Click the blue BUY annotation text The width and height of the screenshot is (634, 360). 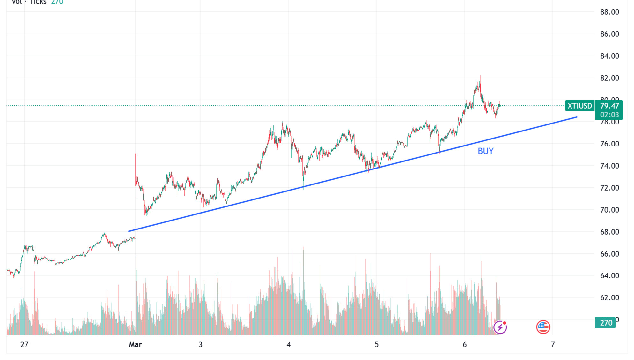pos(485,151)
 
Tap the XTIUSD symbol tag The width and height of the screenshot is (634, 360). pos(579,106)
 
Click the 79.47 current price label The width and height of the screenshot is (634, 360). pos(609,106)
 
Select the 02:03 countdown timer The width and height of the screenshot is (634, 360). pos(609,115)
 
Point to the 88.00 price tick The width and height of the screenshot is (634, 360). pos(609,12)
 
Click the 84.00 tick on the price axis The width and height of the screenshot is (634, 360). pos(609,56)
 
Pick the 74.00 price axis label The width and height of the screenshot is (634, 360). pos(609,166)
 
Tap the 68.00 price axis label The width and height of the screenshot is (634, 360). pos(609,232)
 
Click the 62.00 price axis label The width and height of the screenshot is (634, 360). pos(609,298)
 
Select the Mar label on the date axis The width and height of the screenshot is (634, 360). pos(135,345)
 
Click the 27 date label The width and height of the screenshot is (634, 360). pos(24,345)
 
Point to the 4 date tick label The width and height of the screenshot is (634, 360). pos(289,345)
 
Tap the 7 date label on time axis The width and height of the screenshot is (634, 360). pos(553,345)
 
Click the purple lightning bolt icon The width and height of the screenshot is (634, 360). pos(500,327)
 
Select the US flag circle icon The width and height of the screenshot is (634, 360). pos(543,327)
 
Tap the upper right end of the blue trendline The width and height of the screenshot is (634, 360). pos(576,117)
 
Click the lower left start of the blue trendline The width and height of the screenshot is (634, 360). pos(129,231)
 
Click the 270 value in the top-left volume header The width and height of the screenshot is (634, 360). pos(57,2)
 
